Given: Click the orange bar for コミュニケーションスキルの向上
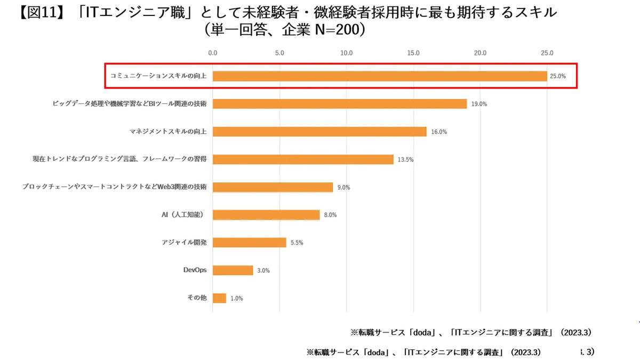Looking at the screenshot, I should [x=380, y=76].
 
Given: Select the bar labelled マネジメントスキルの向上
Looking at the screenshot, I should [x=319, y=131].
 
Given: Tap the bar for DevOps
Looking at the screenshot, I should [x=233, y=270].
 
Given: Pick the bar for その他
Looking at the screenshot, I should [x=219, y=298].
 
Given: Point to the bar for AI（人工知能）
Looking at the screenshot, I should [x=266, y=214].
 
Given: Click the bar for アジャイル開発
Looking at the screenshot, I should [x=249, y=243].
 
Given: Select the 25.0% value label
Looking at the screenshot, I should [x=558, y=76].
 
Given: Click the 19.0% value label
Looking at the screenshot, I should [x=478, y=104].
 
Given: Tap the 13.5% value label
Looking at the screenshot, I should [x=405, y=159].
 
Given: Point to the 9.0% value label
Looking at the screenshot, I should [x=343, y=187].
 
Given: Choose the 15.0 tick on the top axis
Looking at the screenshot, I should [x=413, y=53].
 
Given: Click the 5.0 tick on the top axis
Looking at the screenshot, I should [x=279, y=53].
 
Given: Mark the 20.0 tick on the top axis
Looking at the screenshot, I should [x=480, y=53].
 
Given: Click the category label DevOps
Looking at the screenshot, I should [x=195, y=270].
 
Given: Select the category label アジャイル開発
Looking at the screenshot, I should [x=184, y=242].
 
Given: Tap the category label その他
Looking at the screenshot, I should [x=197, y=298].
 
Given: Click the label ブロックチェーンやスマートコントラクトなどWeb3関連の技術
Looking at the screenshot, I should [x=115, y=187].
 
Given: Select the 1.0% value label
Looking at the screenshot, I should [x=236, y=299].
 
